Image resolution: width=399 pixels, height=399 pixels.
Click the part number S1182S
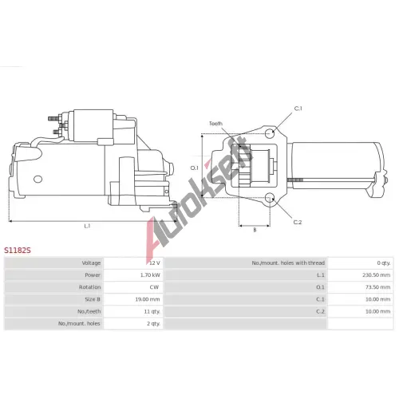[x=18, y=250]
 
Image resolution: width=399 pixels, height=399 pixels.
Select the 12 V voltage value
[x=155, y=263]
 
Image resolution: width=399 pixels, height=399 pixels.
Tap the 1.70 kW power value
[x=150, y=275]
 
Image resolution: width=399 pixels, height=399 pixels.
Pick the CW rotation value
[x=154, y=287]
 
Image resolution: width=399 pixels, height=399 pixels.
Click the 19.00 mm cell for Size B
[x=148, y=299]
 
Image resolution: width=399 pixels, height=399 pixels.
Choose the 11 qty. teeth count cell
[x=152, y=311]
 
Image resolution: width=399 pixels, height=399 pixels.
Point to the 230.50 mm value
[x=377, y=275]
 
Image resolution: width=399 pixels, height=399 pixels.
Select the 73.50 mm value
[x=377, y=287]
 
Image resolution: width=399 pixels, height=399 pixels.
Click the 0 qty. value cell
[x=384, y=263]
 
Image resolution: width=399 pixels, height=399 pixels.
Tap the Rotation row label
[x=89, y=287]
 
